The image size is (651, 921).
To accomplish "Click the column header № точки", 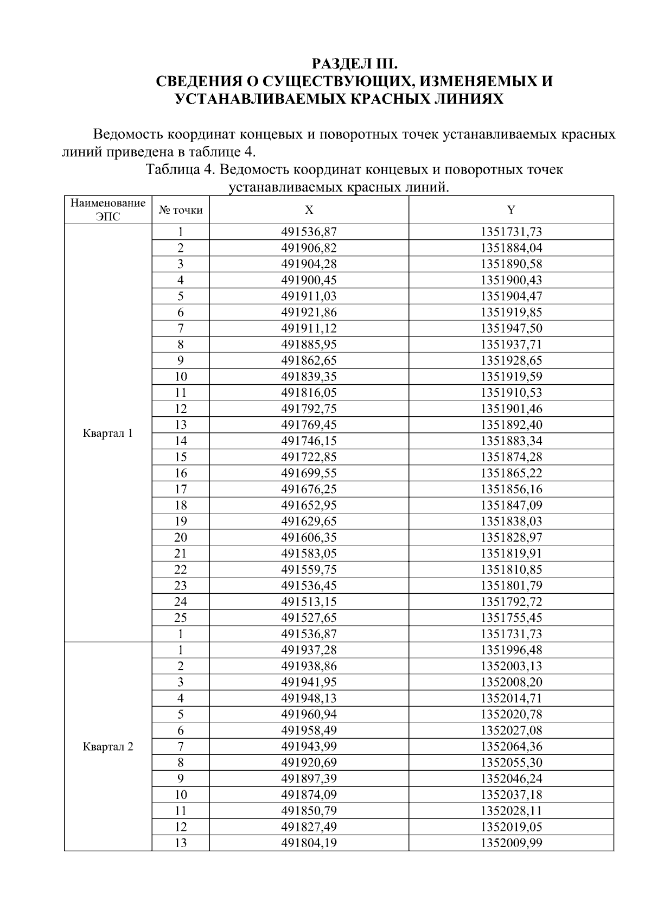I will point(180,210).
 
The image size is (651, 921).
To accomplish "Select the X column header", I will point(309,210).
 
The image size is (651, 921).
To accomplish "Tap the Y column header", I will point(511,210).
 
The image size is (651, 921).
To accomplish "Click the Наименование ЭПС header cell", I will point(108,210).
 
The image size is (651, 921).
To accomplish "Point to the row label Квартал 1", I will point(108,433).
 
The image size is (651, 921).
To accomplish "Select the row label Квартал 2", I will point(108,746).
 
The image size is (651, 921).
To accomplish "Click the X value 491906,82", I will point(309,248).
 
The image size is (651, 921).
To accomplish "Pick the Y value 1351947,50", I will point(511,328).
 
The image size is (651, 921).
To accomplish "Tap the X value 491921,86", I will point(309,312).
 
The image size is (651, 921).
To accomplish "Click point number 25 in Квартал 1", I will point(180,618).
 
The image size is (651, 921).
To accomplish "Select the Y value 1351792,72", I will point(511,601).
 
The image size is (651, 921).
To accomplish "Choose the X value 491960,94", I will point(309,714).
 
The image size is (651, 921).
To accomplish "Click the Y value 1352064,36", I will point(511,746).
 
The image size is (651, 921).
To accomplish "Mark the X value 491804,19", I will point(309,843).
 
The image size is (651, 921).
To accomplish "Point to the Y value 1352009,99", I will point(511,843).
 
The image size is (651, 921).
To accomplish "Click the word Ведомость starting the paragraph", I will point(128,135).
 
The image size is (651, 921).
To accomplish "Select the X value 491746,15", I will point(309,441).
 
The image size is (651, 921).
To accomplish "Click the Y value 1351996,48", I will point(511,650).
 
